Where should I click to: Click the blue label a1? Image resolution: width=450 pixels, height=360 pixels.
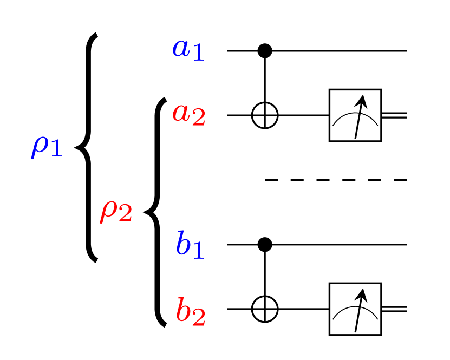[188, 49]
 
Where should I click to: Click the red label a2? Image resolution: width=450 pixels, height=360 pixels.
[189, 114]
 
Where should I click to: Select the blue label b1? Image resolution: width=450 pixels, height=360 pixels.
[190, 245]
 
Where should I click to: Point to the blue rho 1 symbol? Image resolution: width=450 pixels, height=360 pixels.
[47, 147]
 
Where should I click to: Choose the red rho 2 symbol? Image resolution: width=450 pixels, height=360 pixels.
[116, 212]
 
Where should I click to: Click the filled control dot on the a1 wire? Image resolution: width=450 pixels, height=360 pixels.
[265, 51]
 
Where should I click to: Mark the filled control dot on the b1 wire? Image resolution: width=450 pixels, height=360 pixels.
[265, 245]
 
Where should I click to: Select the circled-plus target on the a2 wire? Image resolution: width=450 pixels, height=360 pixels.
[265, 115]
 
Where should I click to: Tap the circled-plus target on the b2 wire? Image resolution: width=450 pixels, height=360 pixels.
[265, 309]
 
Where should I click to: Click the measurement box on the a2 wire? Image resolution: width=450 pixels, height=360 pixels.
[355, 115]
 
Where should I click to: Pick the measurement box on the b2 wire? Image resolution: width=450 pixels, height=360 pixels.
[355, 309]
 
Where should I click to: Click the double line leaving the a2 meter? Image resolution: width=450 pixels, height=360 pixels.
[394, 115]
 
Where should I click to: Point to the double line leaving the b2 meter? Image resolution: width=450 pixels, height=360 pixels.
[394, 309]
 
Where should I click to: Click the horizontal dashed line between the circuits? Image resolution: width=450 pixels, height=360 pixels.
[336, 180]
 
